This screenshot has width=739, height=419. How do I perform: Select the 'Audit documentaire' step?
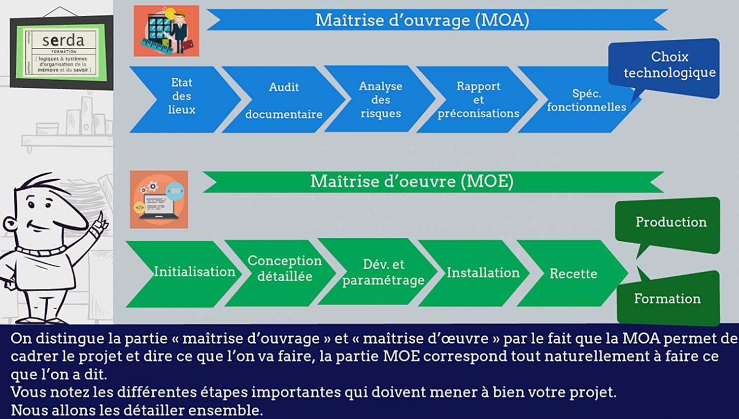click(x=284, y=99)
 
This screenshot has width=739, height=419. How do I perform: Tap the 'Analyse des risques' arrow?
click(x=380, y=99)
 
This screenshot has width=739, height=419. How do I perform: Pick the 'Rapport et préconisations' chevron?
click(x=478, y=99)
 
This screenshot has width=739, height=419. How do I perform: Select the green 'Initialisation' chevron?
click(x=184, y=274)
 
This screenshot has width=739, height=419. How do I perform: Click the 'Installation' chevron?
click(x=475, y=273)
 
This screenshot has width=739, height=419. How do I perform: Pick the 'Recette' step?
click(x=572, y=273)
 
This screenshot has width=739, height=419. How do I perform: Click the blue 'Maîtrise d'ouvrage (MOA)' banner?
click(x=437, y=20)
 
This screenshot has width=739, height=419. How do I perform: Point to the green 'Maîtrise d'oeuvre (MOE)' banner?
click(x=434, y=182)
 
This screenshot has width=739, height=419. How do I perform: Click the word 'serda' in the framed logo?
click(x=64, y=40)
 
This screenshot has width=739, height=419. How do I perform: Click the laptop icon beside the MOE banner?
click(x=159, y=199)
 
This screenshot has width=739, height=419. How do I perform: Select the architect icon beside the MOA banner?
click(x=167, y=31)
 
